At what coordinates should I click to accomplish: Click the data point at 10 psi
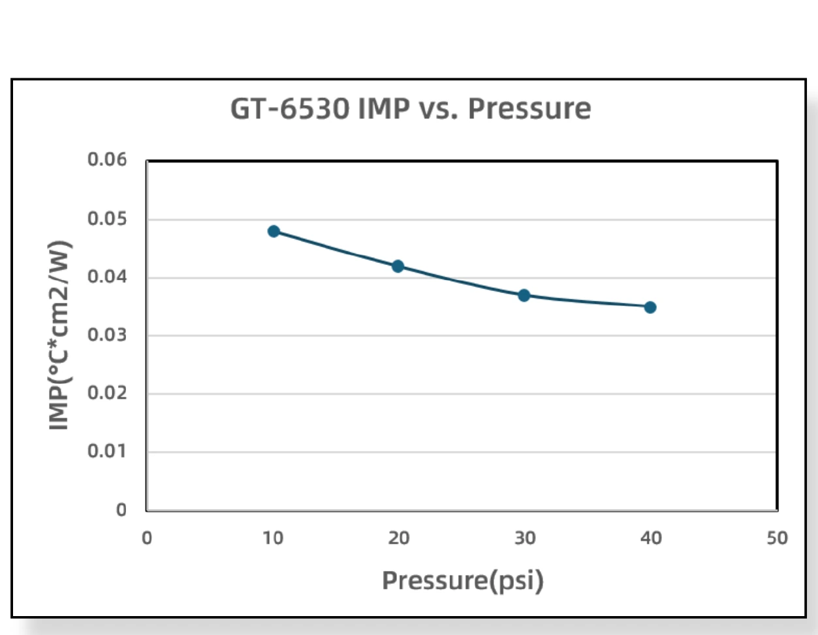click(274, 231)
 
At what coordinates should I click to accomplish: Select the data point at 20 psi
click(398, 266)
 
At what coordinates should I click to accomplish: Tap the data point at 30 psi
click(524, 295)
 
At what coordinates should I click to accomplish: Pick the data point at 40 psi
click(650, 307)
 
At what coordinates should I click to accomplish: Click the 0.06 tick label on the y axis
click(107, 159)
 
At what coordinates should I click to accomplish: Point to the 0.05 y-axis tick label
click(107, 219)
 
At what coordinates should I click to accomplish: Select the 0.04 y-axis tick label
click(107, 277)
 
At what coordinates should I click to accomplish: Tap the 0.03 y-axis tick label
click(107, 335)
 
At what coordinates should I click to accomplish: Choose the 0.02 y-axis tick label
click(107, 393)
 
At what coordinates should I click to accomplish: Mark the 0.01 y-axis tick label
click(107, 451)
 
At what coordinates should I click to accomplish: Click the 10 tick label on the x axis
click(273, 538)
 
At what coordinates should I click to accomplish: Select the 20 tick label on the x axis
click(399, 538)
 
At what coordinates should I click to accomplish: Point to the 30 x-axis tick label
click(525, 538)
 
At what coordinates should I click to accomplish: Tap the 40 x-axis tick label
click(651, 538)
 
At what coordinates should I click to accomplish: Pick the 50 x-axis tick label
click(778, 538)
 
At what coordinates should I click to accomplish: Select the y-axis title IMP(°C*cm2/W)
click(59, 335)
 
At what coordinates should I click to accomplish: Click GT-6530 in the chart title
click(290, 109)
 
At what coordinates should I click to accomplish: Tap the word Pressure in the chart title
click(529, 109)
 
